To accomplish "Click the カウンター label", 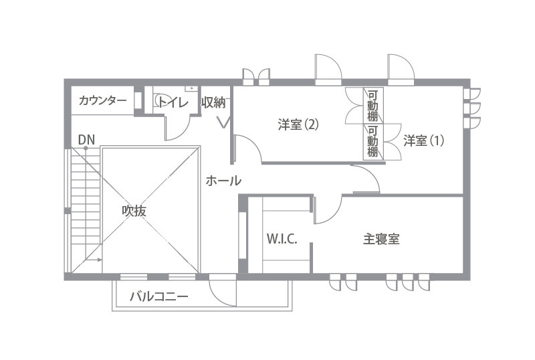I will pos(102,101).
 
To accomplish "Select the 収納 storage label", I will pos(214,102).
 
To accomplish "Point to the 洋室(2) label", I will pos(298,124).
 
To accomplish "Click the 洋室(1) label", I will pos(423,141).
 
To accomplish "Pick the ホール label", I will pos(223,181).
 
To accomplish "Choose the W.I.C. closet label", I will pos(282,239).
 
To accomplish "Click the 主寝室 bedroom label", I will pos(382,239).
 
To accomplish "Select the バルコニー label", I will pos(158,296).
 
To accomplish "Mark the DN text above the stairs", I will pos(86,140).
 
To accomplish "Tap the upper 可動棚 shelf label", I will pos(372,105).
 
